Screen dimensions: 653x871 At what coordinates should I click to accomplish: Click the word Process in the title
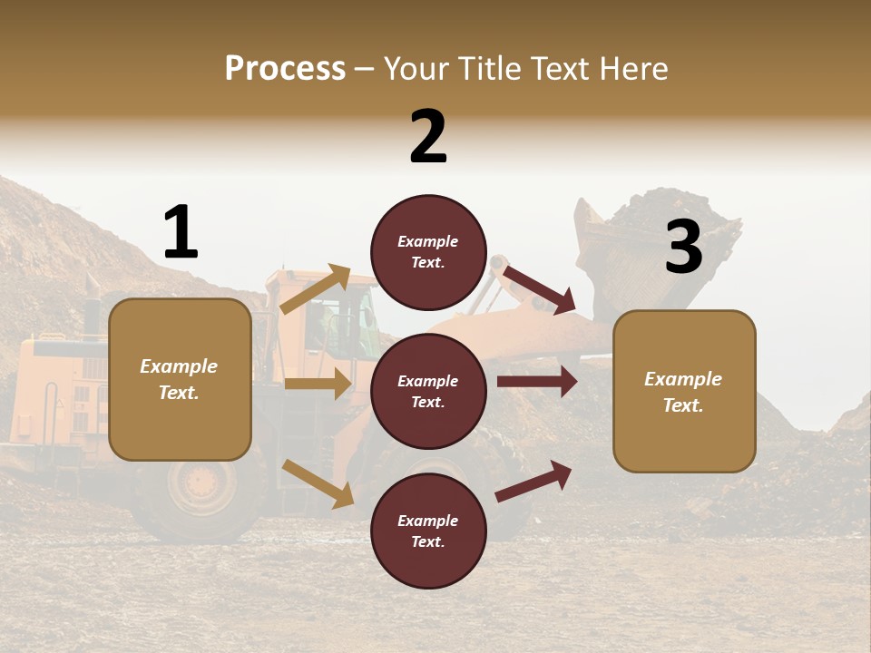coord(285,68)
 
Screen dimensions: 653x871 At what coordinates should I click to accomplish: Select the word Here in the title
coord(632,68)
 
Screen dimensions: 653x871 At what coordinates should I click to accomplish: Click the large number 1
coord(181,232)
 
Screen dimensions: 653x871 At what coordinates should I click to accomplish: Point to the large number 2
coord(428,137)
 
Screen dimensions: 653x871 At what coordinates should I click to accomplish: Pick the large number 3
coord(683,248)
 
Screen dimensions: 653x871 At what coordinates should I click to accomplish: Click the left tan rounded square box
coord(180,379)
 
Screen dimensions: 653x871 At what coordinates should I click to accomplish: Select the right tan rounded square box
coord(684,391)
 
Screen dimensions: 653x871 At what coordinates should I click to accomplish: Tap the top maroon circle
coord(428,252)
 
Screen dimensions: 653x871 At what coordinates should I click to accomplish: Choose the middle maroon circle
coord(428,391)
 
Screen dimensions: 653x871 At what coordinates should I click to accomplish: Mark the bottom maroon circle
coord(428,531)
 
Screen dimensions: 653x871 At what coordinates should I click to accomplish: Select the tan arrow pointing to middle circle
coord(317,384)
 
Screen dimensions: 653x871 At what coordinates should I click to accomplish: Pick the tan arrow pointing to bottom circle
coord(318,482)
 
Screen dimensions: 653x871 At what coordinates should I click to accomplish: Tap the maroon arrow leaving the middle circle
coord(537,381)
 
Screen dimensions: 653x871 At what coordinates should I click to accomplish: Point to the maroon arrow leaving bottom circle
coord(534,481)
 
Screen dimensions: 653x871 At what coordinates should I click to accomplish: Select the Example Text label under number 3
coord(683,392)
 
